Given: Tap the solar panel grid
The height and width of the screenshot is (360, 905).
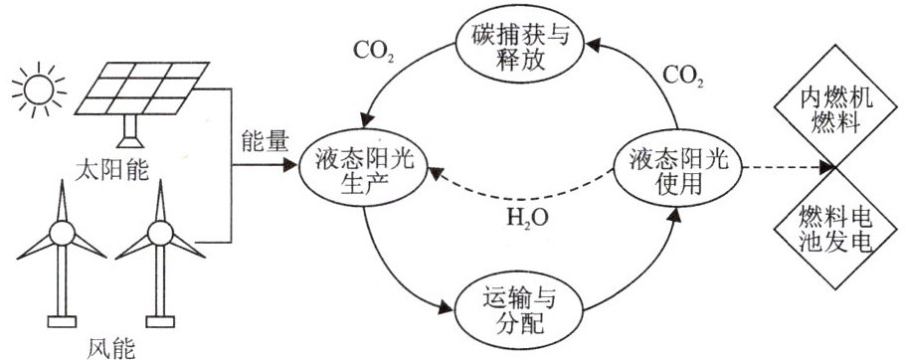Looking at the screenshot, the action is coord(142,89).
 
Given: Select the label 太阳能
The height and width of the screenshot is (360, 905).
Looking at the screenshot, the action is coord(112,171).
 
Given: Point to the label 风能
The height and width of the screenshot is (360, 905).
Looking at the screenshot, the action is coord(112,348).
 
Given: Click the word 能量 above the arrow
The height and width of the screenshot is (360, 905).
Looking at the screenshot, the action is coord(262,142).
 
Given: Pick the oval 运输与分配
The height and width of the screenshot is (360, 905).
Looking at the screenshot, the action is coord(520,311).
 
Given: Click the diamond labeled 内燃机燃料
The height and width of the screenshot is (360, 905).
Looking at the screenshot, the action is coord(836,108).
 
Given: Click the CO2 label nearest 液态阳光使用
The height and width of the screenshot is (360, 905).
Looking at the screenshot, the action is coord(683,76).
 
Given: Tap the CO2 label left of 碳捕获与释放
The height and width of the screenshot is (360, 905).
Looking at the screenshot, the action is coord(373,52).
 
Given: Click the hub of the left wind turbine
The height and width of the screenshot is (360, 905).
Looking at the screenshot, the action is coord(62,234).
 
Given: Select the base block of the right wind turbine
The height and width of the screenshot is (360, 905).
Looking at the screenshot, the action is coord(160,321).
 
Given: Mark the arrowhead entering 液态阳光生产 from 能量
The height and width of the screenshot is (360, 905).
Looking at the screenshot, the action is coord(290,166).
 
